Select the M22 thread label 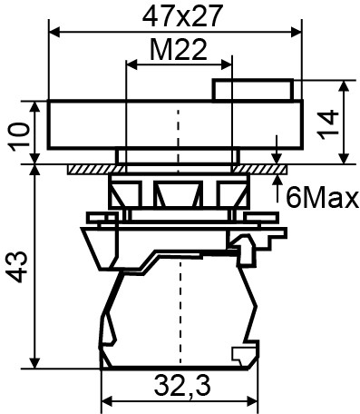(178, 52)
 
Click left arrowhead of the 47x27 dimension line (52, 32)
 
